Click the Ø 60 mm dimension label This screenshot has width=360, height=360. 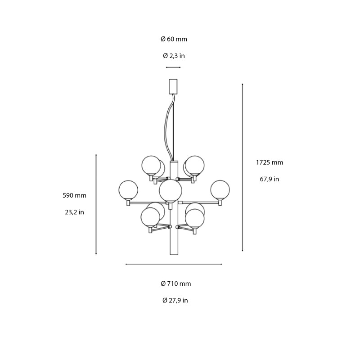click(x=174, y=39)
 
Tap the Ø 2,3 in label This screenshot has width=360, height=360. click(x=174, y=56)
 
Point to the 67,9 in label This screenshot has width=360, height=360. click(x=269, y=179)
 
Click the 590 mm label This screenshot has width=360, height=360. click(x=75, y=195)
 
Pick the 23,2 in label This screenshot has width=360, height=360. click(x=75, y=212)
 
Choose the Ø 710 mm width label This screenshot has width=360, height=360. click(x=176, y=283)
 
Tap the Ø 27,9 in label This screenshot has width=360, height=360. click(x=175, y=300)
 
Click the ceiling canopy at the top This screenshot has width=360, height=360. click(x=173, y=86)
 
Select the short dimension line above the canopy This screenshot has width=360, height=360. click(x=173, y=67)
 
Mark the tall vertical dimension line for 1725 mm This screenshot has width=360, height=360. click(x=243, y=167)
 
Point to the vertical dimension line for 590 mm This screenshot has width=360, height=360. click(x=96, y=205)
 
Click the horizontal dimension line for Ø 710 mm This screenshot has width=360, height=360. click(x=174, y=264)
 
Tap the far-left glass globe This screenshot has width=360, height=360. click(x=128, y=189)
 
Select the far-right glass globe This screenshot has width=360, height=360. click(x=220, y=189)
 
